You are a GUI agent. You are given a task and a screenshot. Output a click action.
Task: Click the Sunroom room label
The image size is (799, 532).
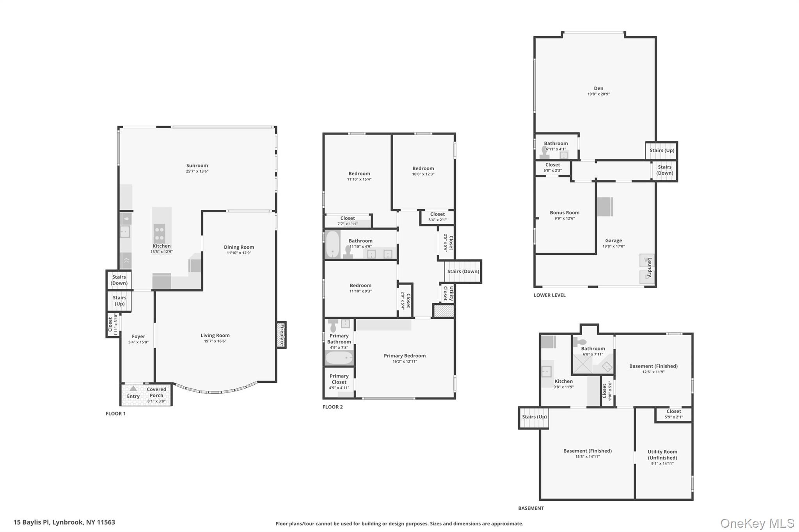click(197, 166)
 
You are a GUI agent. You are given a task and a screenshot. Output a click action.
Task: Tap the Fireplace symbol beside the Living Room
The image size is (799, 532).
click(281, 335)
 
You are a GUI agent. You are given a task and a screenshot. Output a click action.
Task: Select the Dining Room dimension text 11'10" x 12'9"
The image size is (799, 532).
click(239, 253)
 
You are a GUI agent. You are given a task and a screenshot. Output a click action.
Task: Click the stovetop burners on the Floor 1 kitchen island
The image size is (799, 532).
click(159, 233)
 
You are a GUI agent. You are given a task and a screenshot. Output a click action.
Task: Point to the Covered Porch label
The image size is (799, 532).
click(156, 392)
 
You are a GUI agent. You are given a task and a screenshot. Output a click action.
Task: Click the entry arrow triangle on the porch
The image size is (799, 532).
click(133, 389)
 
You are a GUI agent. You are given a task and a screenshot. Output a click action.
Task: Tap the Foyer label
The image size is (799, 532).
click(138, 336)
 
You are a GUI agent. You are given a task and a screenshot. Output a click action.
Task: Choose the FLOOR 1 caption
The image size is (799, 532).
click(115, 414)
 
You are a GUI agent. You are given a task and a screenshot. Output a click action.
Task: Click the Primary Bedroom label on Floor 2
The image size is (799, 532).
click(405, 356)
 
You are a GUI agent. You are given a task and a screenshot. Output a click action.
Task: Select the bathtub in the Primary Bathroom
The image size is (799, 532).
click(339, 358)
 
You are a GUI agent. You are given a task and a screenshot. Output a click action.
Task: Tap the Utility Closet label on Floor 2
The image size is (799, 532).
click(448, 293)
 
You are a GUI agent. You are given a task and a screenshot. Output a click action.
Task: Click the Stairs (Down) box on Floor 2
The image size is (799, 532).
click(463, 271)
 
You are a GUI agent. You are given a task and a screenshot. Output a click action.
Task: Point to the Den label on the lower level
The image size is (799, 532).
click(598, 88)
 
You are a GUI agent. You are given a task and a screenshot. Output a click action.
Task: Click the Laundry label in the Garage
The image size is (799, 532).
click(650, 267)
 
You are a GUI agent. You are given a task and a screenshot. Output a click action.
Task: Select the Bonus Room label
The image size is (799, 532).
click(565, 213)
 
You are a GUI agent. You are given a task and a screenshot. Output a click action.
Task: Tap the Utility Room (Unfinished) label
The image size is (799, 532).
click(662, 455)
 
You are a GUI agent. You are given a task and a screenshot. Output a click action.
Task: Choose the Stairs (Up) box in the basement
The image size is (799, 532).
click(534, 418)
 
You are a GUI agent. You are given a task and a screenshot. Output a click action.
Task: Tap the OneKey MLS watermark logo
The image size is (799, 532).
click(757, 523)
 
